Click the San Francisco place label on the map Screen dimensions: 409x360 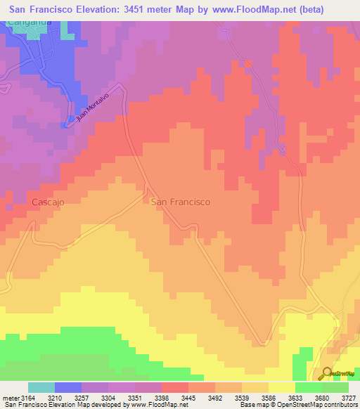click(181, 202)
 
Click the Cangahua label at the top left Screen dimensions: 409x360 click(28, 22)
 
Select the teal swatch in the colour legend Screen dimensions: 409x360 click(41, 387)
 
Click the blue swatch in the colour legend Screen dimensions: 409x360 click(68, 387)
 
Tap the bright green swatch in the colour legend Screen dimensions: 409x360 click(309, 387)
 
